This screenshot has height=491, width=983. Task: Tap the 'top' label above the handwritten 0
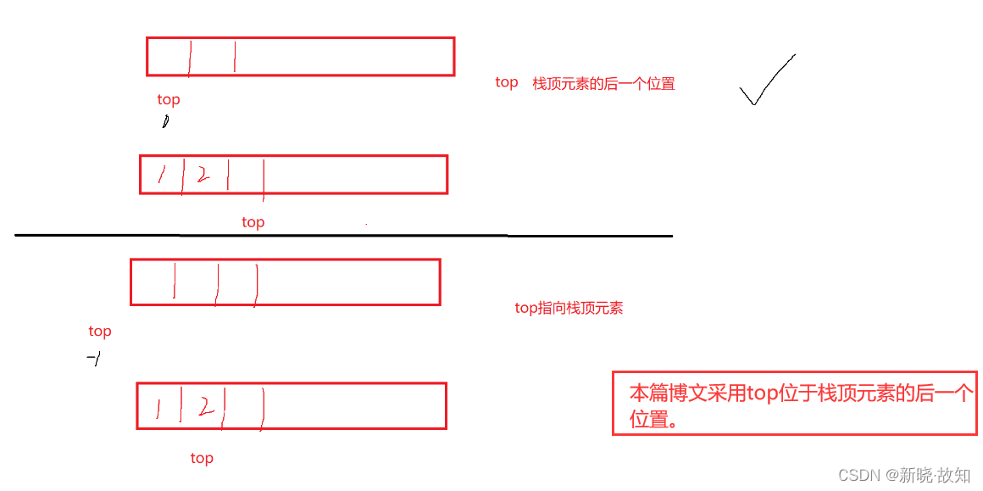[169, 99]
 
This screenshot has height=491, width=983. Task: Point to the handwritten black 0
[165, 122]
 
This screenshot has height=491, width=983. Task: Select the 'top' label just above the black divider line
[253, 222]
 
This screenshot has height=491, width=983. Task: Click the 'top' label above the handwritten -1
[100, 332]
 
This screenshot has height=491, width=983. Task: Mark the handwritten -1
[94, 360]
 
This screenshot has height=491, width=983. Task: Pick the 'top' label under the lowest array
[202, 458]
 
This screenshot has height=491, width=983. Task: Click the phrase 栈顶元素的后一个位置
[603, 83]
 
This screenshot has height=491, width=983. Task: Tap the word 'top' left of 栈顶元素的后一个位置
[507, 82]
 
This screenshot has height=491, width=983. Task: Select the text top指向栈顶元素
[569, 308]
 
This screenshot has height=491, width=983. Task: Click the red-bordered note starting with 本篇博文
[794, 404]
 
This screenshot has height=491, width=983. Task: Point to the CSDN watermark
[903, 475]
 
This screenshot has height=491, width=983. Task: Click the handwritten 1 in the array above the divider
[161, 175]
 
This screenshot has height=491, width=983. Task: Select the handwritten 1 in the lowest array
[158, 409]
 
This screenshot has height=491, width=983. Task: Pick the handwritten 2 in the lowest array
[203, 408]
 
